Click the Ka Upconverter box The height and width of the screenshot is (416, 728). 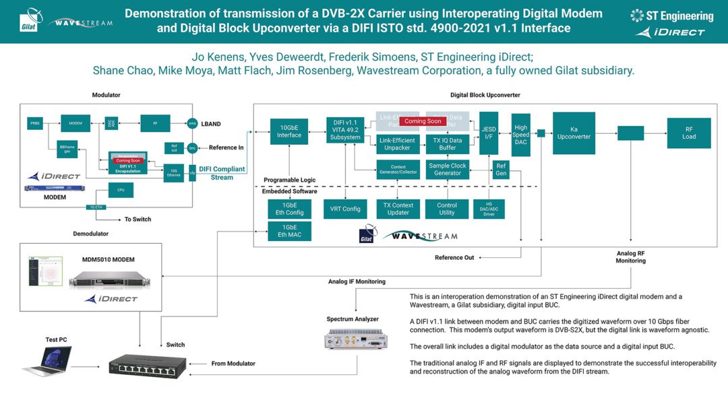tap(574, 133)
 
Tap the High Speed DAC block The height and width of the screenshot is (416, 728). tap(520, 135)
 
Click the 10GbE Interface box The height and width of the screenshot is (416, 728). tap(289, 131)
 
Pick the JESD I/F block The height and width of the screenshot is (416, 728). tap(489, 133)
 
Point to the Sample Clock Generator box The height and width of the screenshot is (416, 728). tap(448, 169)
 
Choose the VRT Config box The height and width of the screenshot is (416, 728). tap(346, 209)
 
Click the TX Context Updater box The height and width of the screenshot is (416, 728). tap(398, 209)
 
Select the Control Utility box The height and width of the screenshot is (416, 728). tap(447, 209)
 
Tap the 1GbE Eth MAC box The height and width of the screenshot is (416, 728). tap(289, 231)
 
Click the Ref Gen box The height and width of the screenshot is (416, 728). tap(501, 169)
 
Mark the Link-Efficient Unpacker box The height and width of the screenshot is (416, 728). tap(397, 144)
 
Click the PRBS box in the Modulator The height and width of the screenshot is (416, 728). tap(35, 123)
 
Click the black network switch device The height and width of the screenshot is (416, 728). tap(148, 367)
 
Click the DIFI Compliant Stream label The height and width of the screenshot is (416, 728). tap(222, 173)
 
